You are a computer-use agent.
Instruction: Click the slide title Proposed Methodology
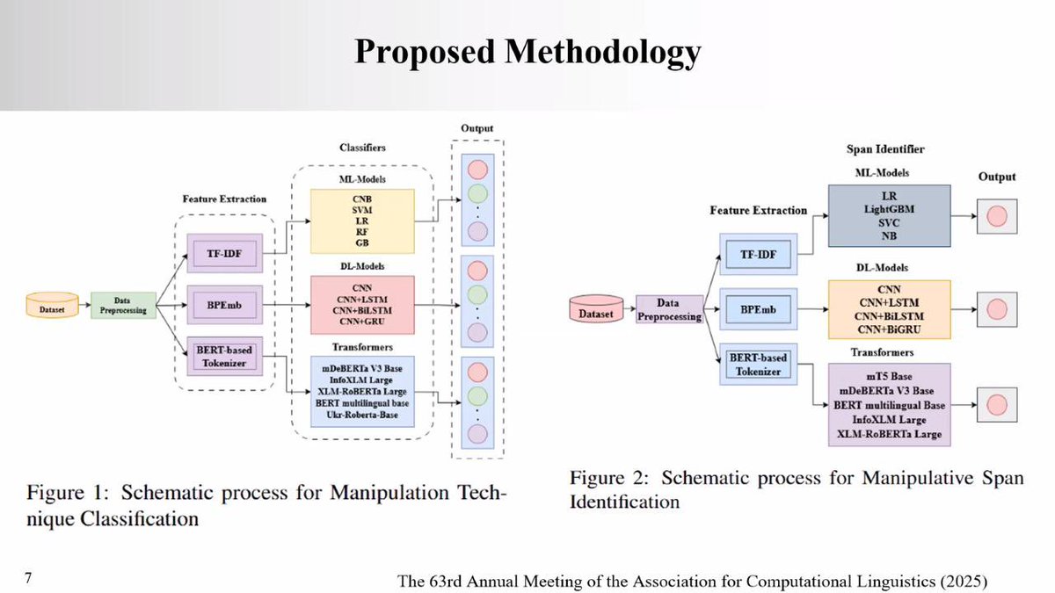coord(527,52)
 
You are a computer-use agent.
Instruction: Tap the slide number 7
coord(28,577)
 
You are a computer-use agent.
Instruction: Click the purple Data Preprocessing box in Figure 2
coord(668,310)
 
